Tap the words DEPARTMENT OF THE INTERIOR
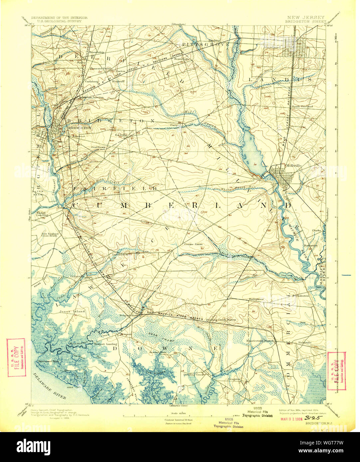(59, 17)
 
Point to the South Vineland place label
(302, 106)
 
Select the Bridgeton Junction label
(91, 97)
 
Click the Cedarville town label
(77, 276)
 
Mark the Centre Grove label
(194, 244)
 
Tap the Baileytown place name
(256, 299)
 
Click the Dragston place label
(235, 379)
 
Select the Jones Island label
(72, 311)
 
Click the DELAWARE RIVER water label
(50, 386)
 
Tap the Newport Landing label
(105, 344)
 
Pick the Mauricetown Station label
(260, 341)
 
